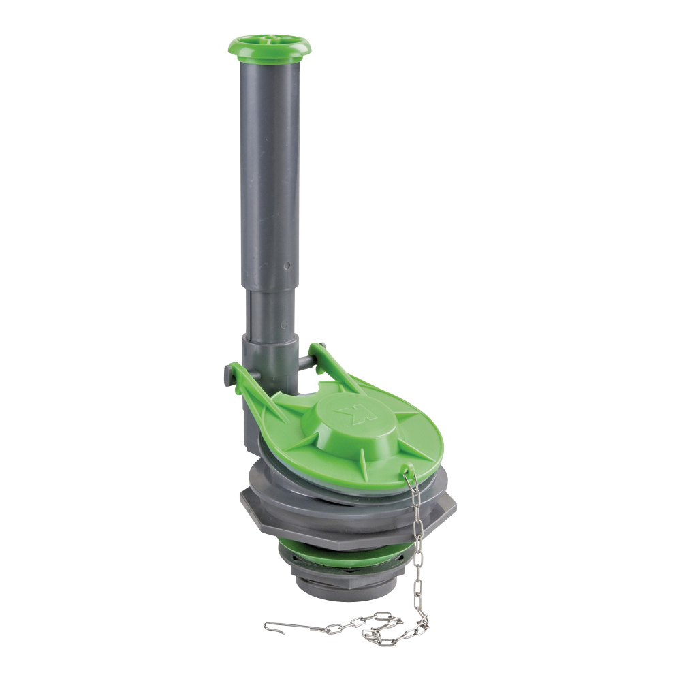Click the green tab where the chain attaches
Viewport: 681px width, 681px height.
407,471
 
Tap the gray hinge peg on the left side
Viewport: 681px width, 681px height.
228,374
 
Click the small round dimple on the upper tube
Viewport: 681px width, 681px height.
287,266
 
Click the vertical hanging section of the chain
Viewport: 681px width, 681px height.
417,545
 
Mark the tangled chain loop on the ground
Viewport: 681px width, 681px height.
381,630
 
